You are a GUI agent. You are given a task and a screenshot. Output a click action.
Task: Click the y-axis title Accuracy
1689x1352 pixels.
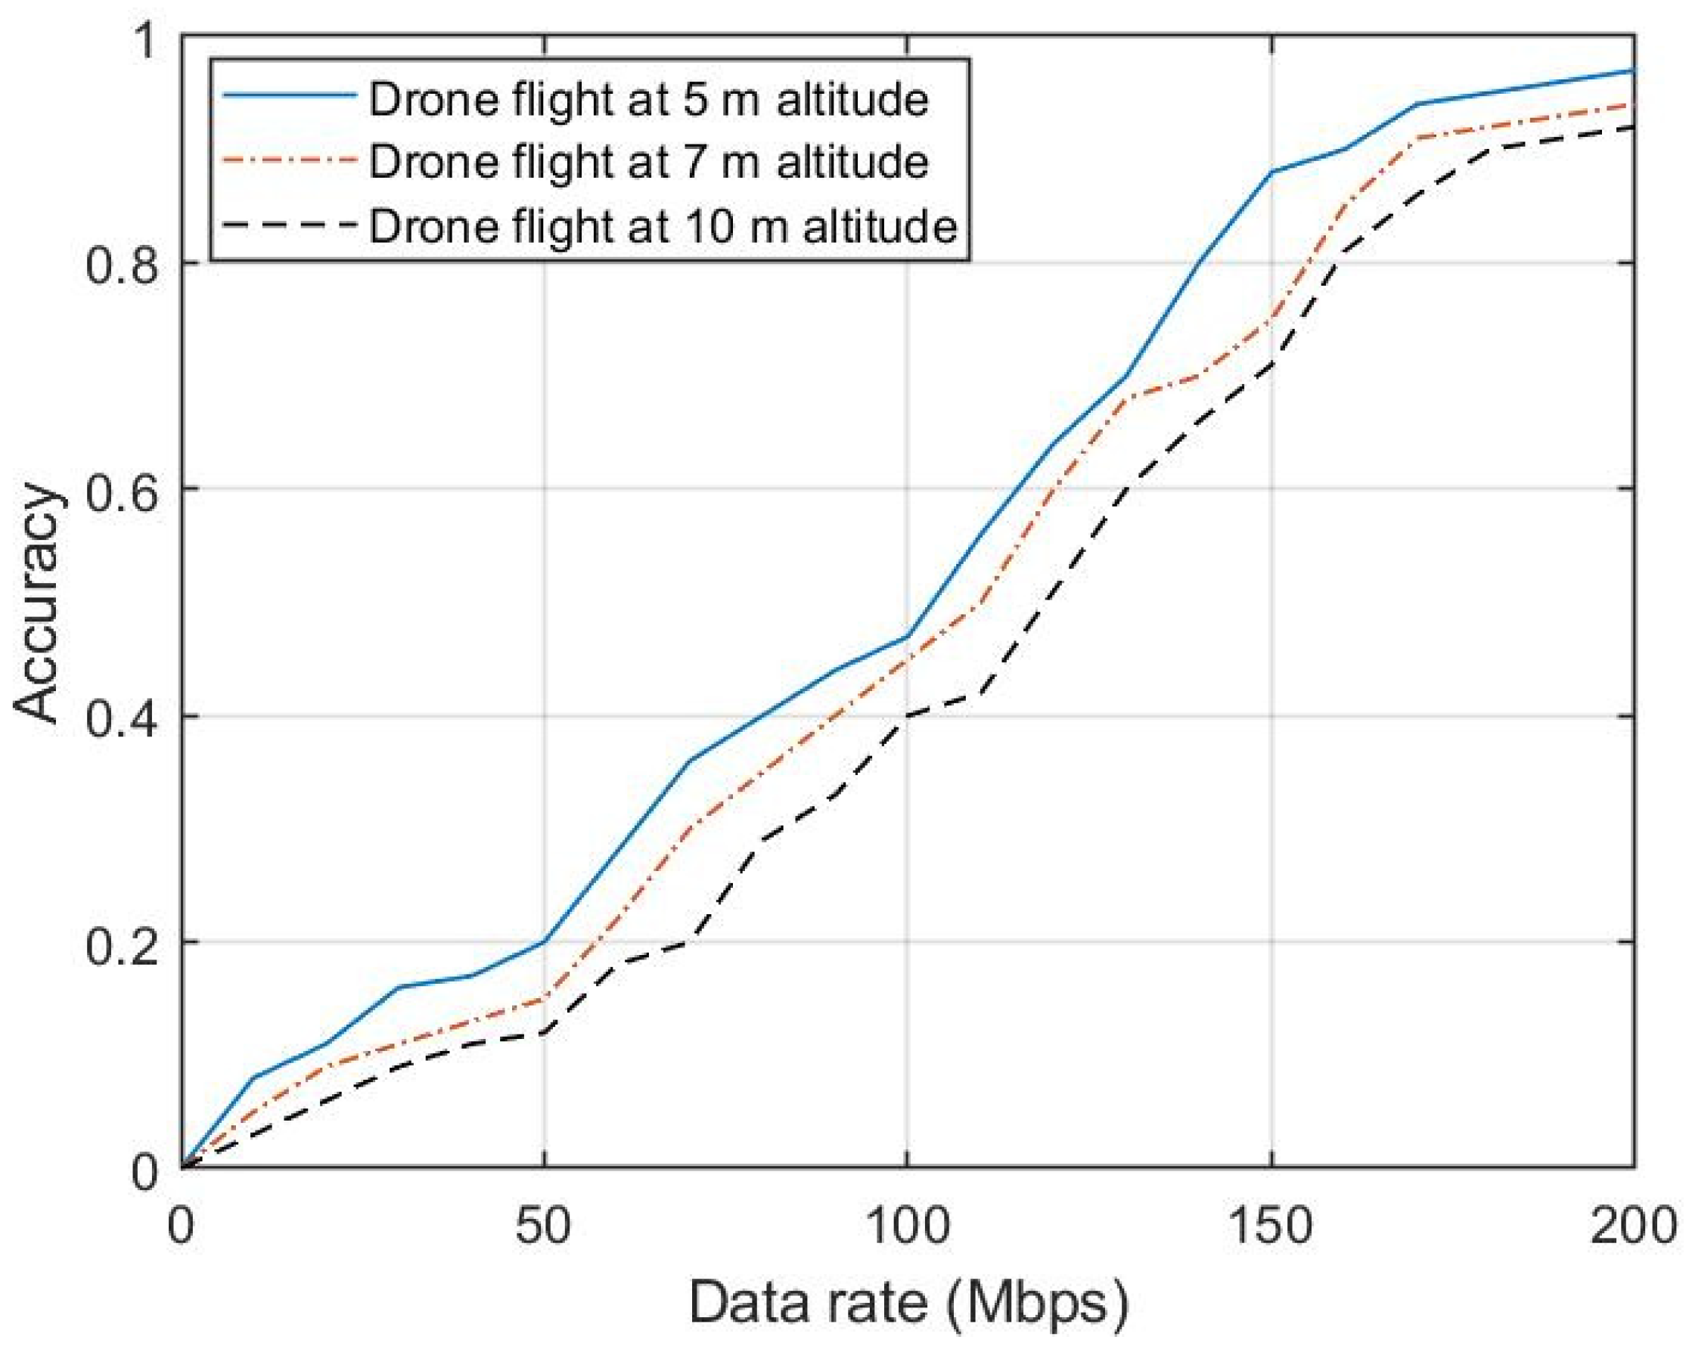tap(38, 603)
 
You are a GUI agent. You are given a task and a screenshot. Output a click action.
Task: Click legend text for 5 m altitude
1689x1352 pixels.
tap(649, 101)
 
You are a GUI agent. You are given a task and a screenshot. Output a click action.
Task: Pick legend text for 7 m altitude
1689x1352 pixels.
tap(649, 162)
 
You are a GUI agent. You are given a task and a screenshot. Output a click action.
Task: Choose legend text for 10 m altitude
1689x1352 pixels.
tap(663, 225)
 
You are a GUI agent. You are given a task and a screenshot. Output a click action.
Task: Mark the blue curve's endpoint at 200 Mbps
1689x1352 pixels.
tap(1632, 70)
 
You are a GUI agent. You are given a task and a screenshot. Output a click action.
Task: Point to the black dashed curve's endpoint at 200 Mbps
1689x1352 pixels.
tap(1632, 127)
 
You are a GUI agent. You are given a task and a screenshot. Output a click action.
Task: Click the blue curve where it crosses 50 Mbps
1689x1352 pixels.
tap(544, 940)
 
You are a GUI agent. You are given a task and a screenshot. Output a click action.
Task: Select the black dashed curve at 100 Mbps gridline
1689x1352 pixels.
tap(906, 715)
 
